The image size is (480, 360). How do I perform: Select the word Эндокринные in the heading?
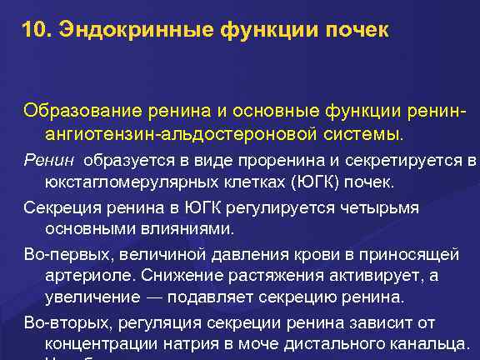[x=127, y=32]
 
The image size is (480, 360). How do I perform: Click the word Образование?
[x=71, y=111]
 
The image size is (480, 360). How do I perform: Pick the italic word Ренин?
[x=42, y=160]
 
